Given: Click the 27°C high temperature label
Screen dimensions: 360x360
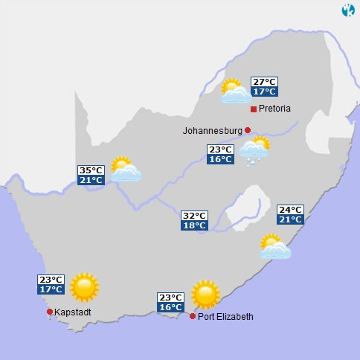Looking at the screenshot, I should (263, 82).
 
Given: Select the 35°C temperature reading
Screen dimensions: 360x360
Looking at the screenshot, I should (91, 170).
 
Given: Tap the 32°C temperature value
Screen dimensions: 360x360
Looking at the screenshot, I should (194, 216).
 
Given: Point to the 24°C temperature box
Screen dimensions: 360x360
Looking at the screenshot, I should (290, 210).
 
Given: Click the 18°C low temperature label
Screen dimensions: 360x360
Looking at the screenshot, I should (194, 225).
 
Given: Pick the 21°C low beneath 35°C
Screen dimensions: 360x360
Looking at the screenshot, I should (91, 180).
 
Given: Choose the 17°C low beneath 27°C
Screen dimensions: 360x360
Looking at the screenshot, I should (263, 91).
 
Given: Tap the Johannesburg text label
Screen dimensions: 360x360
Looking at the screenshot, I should (212, 131).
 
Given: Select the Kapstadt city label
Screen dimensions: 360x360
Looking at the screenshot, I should (73, 312).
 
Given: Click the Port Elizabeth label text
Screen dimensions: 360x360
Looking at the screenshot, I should (225, 317).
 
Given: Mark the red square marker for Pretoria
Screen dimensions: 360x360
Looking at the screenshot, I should (254, 109).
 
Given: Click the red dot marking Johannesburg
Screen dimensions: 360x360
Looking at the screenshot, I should (248, 130).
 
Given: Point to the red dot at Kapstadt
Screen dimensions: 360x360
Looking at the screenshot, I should (50, 312).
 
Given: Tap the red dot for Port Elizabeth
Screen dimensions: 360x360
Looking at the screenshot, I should (193, 316).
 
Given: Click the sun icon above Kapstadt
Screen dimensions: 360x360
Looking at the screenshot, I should (84, 286).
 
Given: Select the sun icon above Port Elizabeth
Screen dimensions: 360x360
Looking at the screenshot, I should (205, 295).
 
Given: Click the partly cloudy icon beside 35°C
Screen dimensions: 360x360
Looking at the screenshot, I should (125, 170).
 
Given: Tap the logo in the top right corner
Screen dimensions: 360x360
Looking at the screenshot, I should (347, 10).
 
